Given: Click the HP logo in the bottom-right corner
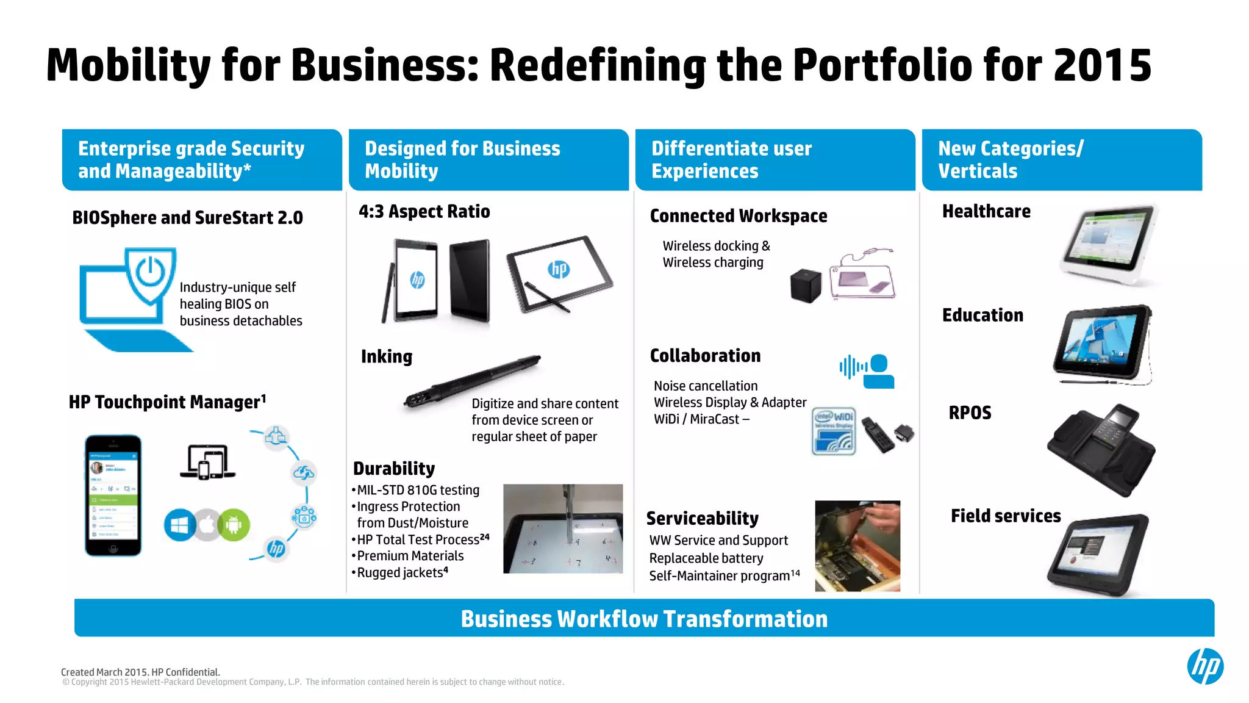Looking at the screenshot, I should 1204,666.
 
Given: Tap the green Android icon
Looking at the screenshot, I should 234,525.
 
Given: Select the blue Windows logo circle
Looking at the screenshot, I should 179,525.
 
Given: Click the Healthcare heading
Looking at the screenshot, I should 986,211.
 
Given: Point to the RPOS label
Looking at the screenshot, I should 970,413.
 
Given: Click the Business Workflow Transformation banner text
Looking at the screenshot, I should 644,619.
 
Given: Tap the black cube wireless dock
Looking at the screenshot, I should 806,285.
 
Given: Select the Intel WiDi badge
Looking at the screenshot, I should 834,431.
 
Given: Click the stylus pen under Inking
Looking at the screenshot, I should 473,382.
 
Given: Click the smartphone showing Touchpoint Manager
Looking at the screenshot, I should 113,495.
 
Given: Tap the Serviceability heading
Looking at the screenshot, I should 702,518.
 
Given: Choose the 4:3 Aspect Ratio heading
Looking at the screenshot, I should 424,211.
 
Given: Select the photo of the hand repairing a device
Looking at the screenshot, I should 857,546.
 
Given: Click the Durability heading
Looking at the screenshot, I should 394,468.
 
